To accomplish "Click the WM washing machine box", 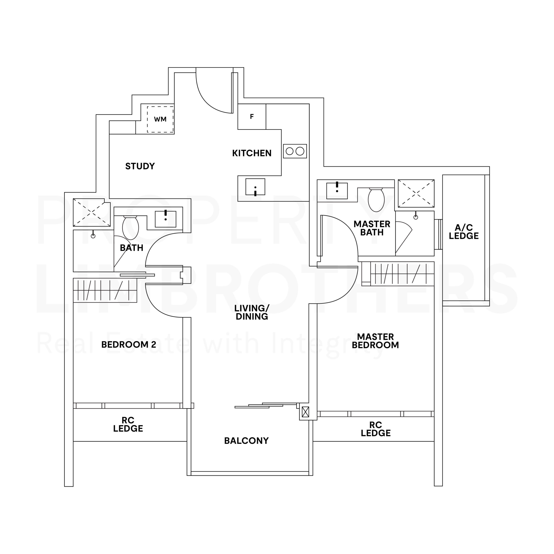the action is coord(160,119).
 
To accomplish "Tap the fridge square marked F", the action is coord(252,116).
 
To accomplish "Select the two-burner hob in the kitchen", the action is coord(295,151).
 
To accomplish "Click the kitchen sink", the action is coord(255,187).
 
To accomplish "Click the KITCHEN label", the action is coord(252,153).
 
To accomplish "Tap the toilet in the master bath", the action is coord(376,199).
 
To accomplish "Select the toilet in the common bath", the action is coord(130,227).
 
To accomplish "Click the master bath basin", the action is coord(337,191).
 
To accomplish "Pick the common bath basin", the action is coord(166,219).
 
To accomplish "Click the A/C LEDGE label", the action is coord(464,232).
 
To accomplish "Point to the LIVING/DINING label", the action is coord(252,312).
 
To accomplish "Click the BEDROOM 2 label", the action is coord(129,344).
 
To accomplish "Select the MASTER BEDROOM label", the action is coord(375,341).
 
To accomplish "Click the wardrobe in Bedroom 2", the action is coord(105,290).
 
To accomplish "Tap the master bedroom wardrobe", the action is coord(402,274).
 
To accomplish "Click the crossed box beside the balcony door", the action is coord(305,412).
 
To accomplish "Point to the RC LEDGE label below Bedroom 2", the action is coord(128,424).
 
